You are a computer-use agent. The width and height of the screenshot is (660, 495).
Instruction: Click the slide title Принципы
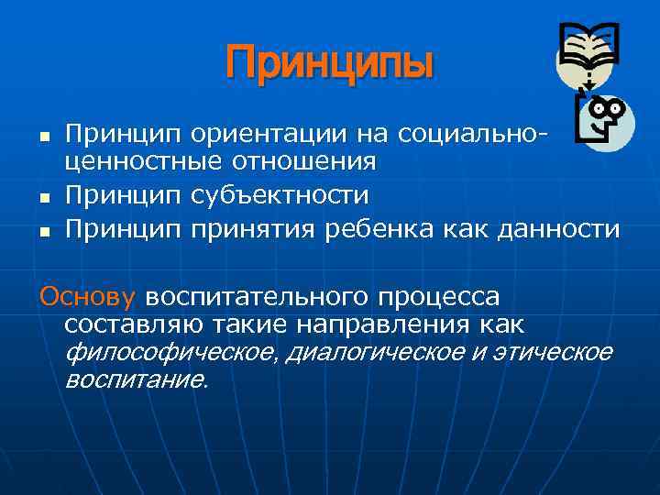pos(329,64)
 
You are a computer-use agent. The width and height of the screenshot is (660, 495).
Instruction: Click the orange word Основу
pos(87,297)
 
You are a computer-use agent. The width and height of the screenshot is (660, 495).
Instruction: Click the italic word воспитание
pos(137,379)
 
